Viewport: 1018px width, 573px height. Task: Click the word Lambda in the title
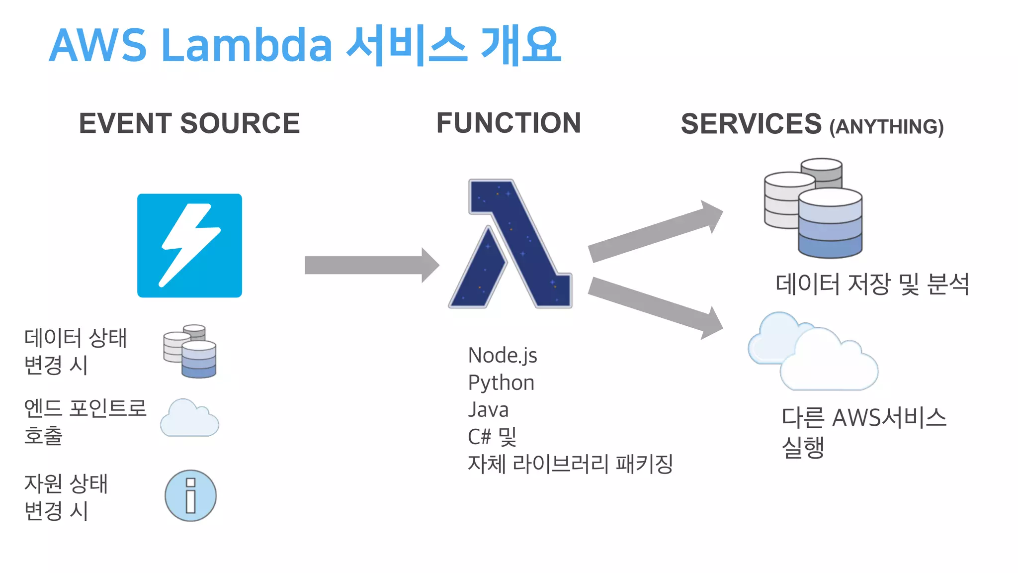pos(247,46)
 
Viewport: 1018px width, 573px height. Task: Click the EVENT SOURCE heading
pos(189,123)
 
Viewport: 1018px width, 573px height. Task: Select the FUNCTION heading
pos(509,123)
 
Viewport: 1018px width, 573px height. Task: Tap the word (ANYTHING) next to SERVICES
pos(886,127)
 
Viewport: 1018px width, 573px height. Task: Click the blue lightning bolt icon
pos(189,246)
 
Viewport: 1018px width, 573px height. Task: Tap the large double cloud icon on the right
pos(813,352)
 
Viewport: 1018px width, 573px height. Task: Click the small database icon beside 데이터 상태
pos(190,351)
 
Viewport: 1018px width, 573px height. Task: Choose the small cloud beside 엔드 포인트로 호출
pos(189,419)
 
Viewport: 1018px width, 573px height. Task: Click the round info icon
pos(190,496)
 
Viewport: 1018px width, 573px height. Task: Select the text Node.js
pos(503,356)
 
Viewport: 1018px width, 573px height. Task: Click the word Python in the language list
pos(501,383)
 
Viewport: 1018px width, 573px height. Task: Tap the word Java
pos(488,410)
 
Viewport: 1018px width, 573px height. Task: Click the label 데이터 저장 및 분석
pos(872,285)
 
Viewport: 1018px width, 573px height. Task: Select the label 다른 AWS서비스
pos(864,418)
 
